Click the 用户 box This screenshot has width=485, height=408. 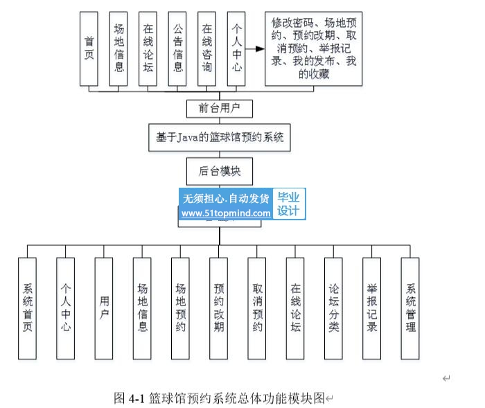(x=104, y=308)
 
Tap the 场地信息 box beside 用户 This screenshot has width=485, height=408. (x=142, y=308)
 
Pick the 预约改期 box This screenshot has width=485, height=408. (x=219, y=308)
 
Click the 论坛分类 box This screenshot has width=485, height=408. (x=334, y=308)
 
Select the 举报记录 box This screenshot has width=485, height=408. (x=372, y=308)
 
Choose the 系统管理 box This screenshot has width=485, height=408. (x=410, y=308)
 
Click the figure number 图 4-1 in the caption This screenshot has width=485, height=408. (x=127, y=398)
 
